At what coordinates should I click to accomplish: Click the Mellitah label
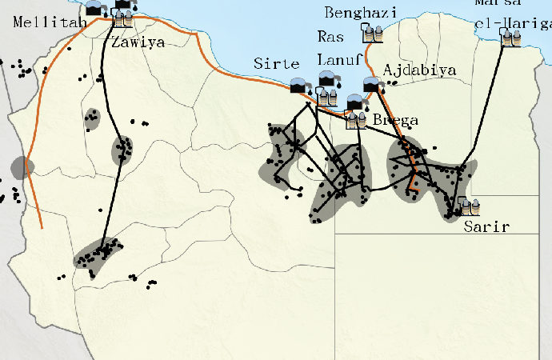(x=39, y=22)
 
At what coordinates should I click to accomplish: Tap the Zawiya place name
(x=138, y=42)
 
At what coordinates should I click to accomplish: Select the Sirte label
(x=276, y=64)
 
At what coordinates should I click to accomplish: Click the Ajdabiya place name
(x=419, y=70)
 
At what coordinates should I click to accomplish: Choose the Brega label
(x=395, y=121)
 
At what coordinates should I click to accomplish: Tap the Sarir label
(x=486, y=226)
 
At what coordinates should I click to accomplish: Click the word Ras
(x=330, y=37)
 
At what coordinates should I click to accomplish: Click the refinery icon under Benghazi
(x=371, y=34)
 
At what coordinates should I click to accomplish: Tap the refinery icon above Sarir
(x=469, y=206)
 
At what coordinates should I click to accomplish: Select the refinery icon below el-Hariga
(x=510, y=36)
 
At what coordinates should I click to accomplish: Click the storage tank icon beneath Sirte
(x=300, y=85)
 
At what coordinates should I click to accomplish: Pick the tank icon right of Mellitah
(x=95, y=9)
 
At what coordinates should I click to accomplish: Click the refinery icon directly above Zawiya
(x=123, y=19)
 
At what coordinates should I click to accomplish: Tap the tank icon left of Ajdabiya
(x=371, y=85)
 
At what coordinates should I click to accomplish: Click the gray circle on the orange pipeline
(x=22, y=168)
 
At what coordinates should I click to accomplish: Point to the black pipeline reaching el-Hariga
(x=490, y=104)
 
